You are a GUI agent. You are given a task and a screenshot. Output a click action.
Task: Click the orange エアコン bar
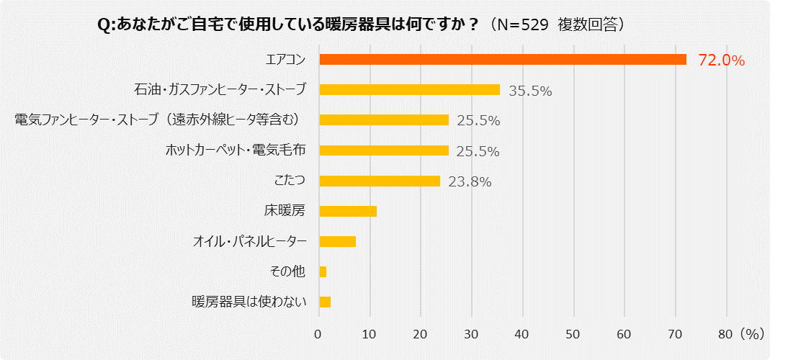tap(502, 59)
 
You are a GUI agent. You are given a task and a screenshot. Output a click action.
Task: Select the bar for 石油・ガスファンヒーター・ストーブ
tap(409, 89)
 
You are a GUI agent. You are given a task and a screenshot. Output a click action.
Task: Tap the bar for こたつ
tap(379, 181)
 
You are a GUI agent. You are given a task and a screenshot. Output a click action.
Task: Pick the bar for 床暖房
tap(347, 211)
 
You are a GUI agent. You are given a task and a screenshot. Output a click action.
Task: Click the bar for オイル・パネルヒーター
tap(337, 241)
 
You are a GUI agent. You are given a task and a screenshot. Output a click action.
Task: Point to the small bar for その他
tap(323, 271)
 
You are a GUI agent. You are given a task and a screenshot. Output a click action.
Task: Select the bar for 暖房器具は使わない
tap(325, 302)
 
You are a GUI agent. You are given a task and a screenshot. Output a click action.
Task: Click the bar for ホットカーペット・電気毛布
tap(383, 150)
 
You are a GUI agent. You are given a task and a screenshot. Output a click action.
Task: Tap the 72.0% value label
tap(721, 60)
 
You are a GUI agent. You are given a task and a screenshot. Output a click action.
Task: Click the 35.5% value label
tap(530, 91)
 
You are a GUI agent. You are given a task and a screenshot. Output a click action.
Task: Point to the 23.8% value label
tap(470, 182)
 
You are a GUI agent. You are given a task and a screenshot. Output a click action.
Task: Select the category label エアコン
tap(287, 59)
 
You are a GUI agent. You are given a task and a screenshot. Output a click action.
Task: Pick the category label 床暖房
tap(285, 211)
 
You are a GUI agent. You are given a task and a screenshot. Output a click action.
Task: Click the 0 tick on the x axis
tap(318, 334)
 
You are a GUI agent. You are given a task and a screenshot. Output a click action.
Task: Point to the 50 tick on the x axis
tap(573, 334)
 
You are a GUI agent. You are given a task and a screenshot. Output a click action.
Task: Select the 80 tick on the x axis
tap(725, 334)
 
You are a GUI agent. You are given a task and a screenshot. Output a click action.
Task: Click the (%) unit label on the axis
tap(752, 334)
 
